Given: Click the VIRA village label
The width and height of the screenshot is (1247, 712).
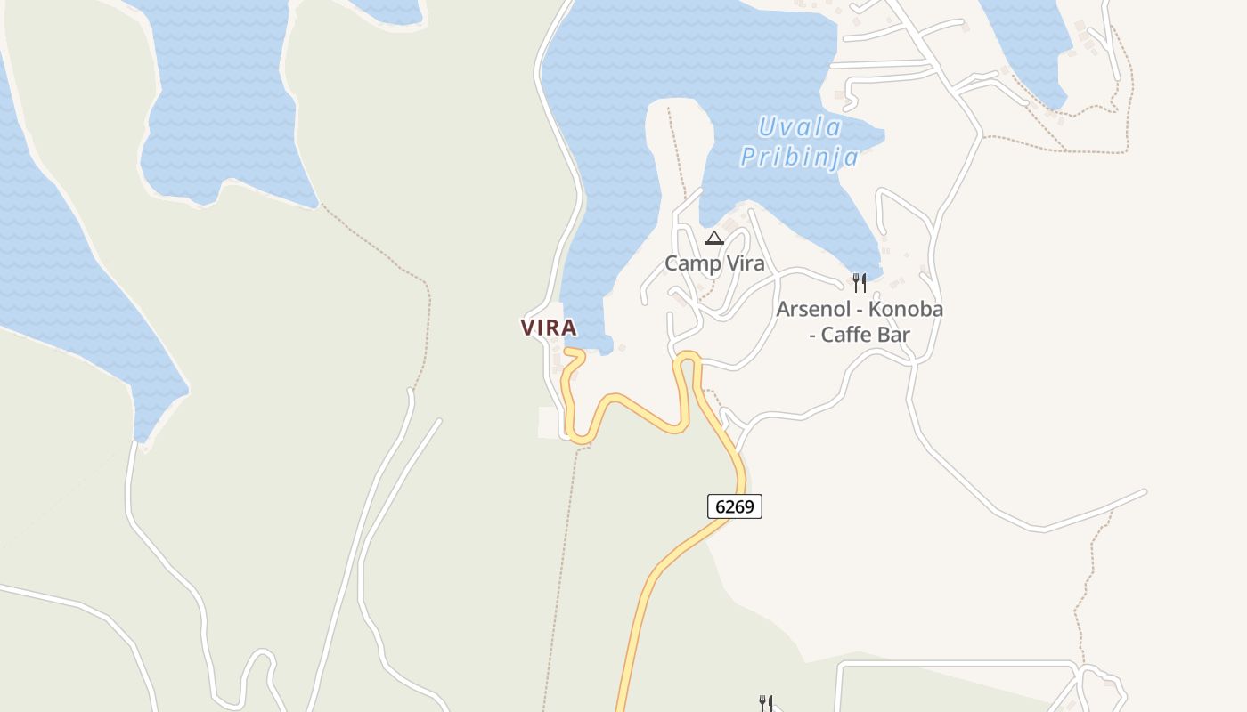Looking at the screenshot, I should point(549,328).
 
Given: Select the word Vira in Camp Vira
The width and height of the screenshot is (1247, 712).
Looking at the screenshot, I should point(745,263).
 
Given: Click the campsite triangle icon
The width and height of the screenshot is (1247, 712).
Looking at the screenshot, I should point(713,238).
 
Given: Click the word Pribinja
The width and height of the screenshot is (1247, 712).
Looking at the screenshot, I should point(799,158).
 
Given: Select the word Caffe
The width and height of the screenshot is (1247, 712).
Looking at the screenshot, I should point(852,335).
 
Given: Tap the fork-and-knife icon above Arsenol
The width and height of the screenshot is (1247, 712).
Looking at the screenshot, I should point(859,283).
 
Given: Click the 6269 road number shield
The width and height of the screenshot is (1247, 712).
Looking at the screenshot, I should point(735,506).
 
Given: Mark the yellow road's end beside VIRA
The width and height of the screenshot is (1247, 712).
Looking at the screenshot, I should point(566,351).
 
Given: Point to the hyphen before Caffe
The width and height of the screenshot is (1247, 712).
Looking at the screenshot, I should point(813,336).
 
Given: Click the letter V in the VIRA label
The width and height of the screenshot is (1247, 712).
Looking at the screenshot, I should point(527,328).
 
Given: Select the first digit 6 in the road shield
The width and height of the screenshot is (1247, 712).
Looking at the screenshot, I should point(720,506).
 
